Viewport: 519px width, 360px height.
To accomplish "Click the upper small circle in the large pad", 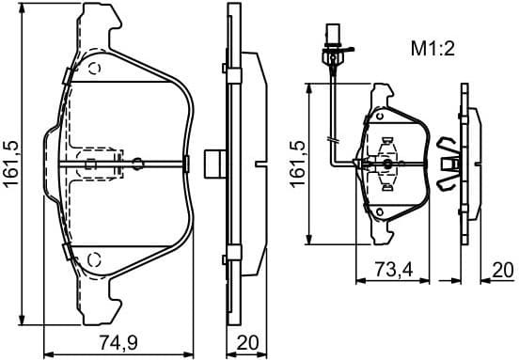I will [x=93, y=68].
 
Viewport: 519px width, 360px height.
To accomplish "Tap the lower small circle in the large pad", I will [x=93, y=258].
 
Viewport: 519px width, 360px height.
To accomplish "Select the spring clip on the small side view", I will [x=449, y=162].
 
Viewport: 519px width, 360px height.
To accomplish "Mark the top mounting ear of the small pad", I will [x=384, y=95].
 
